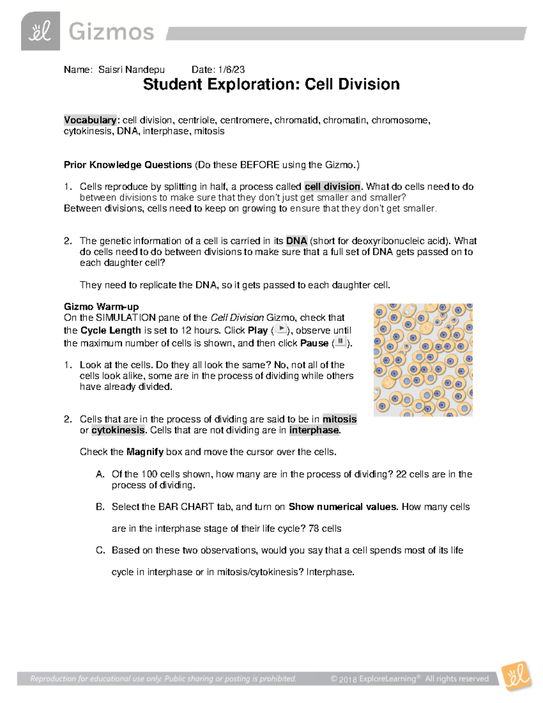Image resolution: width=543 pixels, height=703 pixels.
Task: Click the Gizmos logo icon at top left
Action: click(40, 31)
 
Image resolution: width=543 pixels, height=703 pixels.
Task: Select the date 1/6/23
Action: click(231, 69)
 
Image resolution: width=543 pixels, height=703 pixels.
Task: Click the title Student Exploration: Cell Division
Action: click(271, 85)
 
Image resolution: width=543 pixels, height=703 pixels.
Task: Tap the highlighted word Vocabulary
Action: click(90, 120)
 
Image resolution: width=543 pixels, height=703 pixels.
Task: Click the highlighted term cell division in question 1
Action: click(333, 187)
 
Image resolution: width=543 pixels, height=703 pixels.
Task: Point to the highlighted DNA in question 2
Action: click(297, 241)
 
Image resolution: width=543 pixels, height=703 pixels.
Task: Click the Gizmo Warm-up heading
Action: click(101, 307)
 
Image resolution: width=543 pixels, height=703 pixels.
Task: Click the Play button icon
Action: click(281, 329)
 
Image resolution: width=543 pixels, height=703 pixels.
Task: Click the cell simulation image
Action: click(423, 360)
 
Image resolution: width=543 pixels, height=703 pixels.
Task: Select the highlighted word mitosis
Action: click(339, 419)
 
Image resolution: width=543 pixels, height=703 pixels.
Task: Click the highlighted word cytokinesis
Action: click(118, 430)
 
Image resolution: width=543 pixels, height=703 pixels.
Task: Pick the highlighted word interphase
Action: click(314, 430)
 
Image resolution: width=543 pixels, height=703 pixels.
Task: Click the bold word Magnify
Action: click(145, 452)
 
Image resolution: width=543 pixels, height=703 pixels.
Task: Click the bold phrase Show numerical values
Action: click(343, 507)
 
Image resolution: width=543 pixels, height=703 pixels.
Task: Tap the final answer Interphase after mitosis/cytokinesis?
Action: click(330, 572)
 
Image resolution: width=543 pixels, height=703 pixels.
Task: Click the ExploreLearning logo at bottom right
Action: click(516, 677)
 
